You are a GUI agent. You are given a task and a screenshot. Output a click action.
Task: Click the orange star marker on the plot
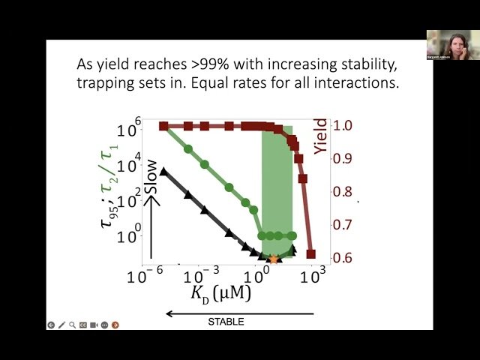click(x=274, y=259)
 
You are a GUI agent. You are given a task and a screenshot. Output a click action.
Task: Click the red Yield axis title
click(x=321, y=135)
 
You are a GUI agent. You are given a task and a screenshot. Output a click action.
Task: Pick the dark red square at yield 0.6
click(x=310, y=254)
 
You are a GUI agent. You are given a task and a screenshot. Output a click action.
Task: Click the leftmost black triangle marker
click(x=163, y=172)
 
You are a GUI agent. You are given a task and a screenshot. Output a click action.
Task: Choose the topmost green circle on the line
click(x=188, y=148)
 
